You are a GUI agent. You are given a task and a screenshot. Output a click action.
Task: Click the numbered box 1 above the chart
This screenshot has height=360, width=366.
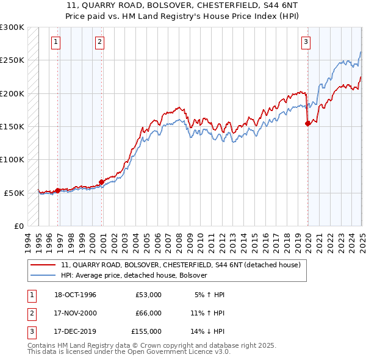[56, 42]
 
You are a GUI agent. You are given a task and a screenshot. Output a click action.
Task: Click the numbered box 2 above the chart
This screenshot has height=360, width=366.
[99, 42]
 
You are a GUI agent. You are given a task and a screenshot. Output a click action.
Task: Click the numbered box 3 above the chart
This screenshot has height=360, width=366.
[305, 42]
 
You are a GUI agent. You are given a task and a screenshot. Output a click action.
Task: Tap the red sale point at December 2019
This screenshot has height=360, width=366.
[307, 123]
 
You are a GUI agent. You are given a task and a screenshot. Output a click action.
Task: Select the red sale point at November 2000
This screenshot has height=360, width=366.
[101, 181]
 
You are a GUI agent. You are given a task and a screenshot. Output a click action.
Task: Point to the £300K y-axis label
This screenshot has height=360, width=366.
[12, 27]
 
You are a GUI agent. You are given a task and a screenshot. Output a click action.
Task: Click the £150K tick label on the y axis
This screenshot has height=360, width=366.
[12, 126]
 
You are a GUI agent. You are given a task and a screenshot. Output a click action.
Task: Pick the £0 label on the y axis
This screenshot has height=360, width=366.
[19, 226]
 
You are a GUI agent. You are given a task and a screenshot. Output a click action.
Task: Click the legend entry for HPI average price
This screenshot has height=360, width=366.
[134, 275]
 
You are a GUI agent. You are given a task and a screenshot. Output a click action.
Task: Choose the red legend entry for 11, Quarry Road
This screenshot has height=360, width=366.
[181, 265]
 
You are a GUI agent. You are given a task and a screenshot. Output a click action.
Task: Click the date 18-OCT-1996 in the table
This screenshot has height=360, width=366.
[75, 295]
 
